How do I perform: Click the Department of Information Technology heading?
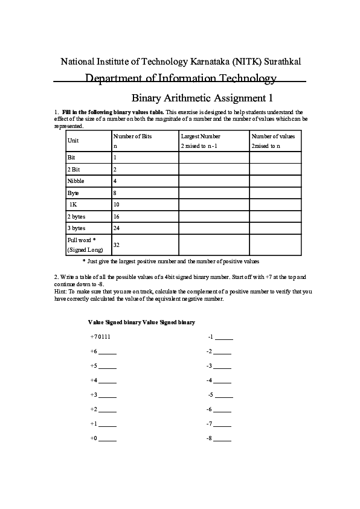(x=181, y=78)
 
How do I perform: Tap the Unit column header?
(x=73, y=141)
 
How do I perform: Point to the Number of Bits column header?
(x=133, y=136)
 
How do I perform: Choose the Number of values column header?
(x=273, y=136)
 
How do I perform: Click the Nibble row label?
(x=76, y=181)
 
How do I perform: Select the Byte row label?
(x=73, y=193)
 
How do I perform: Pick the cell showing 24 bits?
(x=117, y=228)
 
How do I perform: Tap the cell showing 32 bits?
(x=117, y=245)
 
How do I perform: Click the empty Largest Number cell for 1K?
(x=214, y=204)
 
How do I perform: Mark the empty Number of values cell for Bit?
(x=275, y=157)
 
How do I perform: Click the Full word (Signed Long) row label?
(x=85, y=245)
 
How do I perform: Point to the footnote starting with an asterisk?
(x=170, y=261)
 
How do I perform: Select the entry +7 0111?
(x=100, y=336)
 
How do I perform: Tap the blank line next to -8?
(x=222, y=438)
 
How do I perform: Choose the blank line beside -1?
(x=223, y=337)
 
